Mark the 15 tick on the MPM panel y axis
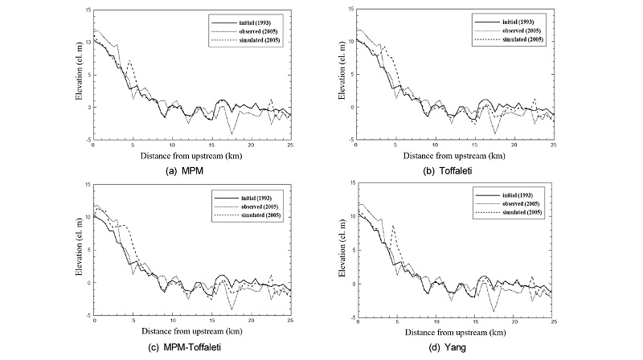pos(87,10)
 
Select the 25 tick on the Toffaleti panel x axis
pos(554,145)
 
